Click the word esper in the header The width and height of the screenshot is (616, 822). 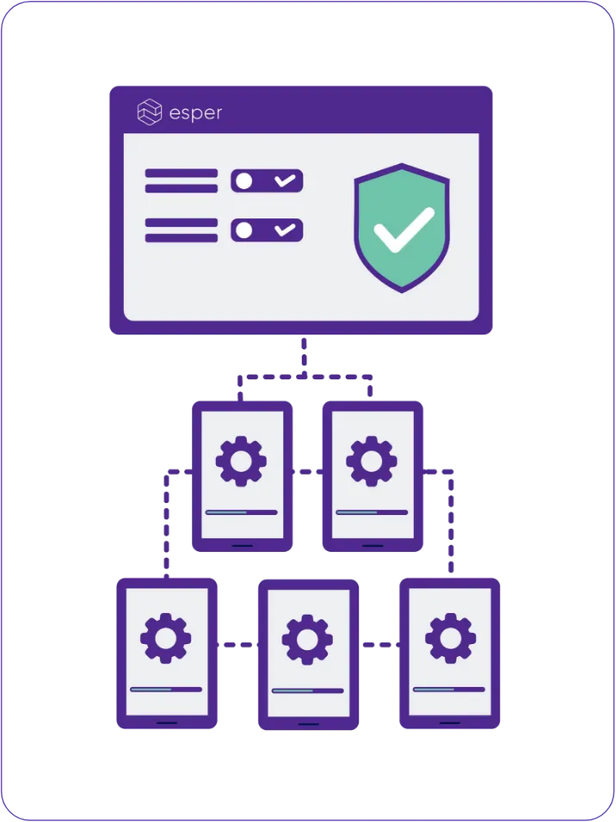195,113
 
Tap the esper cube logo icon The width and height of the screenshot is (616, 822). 150,113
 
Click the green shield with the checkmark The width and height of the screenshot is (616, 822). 402,227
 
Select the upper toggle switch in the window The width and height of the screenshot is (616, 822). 267,181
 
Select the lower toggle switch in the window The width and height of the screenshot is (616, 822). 267,230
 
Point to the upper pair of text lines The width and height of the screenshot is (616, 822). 181,181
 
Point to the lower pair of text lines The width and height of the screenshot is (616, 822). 181,230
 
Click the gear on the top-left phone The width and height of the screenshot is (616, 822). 241,461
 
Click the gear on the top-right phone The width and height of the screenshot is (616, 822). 372,461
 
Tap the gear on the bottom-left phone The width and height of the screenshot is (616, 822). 166,638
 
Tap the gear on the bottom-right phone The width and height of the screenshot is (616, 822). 450,638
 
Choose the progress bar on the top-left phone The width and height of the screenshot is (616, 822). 241,512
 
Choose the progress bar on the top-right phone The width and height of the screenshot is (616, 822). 372,512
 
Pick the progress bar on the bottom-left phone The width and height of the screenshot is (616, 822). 166,689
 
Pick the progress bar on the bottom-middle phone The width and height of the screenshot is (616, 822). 307,690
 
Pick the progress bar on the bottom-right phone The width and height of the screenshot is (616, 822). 449,689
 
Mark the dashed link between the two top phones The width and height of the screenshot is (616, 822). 307,471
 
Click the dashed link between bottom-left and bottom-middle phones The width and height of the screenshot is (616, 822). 237,644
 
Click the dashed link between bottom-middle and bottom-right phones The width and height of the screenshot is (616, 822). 379,644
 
